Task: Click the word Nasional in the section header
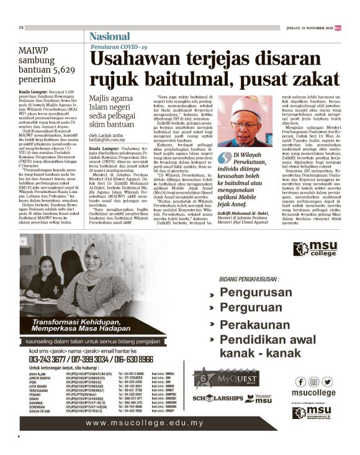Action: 111,37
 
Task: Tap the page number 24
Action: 21,27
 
